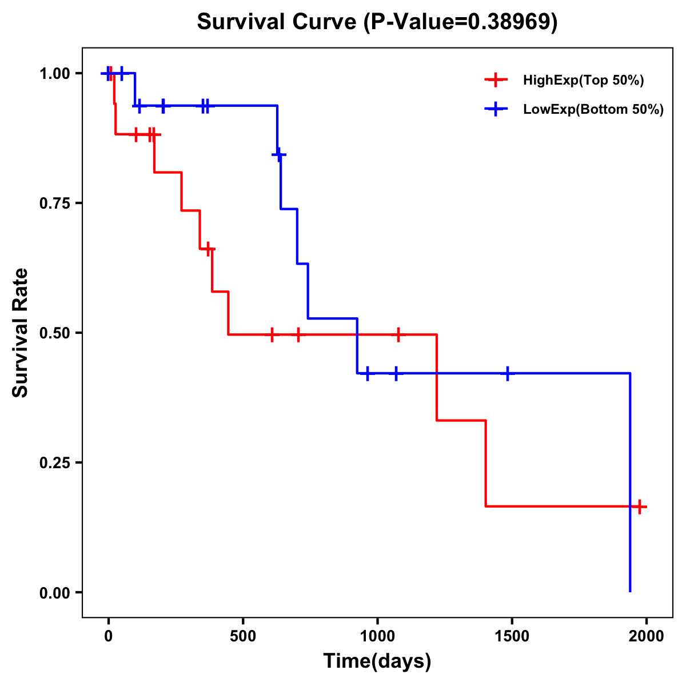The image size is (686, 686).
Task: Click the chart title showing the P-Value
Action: point(377,22)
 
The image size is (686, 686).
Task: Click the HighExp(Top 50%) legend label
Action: point(583,81)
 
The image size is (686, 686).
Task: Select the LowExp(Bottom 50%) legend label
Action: point(593,110)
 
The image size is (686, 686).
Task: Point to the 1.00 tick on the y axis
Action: point(55,74)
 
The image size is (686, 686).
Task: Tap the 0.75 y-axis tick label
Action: point(55,204)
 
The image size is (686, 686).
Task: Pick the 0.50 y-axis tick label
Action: point(55,333)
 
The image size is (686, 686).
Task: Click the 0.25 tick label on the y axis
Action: point(55,463)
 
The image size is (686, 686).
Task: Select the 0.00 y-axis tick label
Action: point(55,593)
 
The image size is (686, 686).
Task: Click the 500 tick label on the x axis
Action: point(243,636)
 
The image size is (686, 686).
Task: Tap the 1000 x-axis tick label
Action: point(377,636)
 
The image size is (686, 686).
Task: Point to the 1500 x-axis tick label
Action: point(512,636)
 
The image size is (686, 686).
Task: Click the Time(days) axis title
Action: point(377,661)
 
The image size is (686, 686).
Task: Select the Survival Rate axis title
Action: point(21,333)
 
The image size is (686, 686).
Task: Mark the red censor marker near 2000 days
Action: point(640,506)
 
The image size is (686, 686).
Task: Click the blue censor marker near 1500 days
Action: point(507,373)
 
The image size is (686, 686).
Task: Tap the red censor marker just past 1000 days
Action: point(398,334)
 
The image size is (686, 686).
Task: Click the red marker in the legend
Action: point(496,81)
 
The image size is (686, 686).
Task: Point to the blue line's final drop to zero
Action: point(630,486)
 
